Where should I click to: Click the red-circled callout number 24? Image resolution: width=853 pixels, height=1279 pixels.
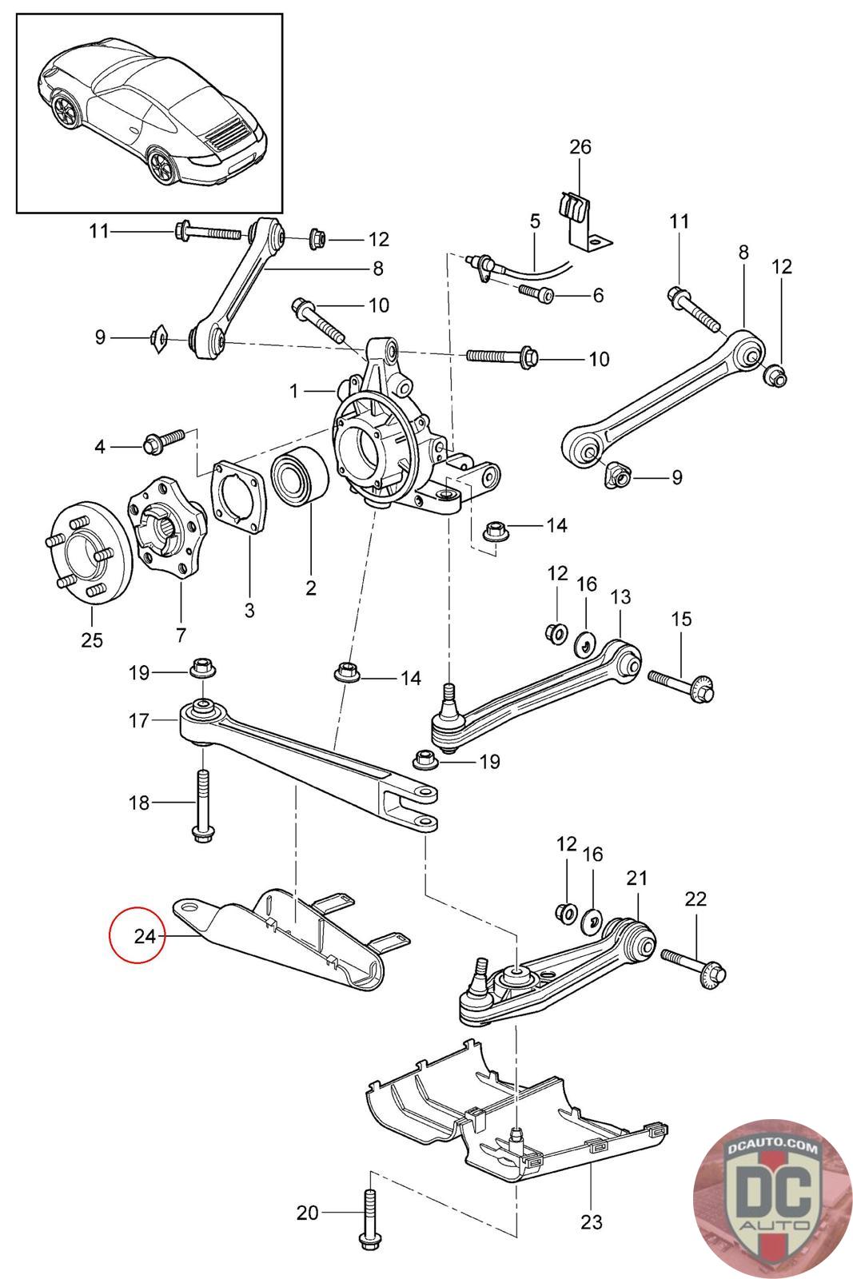click(x=145, y=936)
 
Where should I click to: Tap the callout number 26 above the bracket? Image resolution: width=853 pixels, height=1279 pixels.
click(x=580, y=147)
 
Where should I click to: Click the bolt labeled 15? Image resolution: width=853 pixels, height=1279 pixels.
click(x=681, y=687)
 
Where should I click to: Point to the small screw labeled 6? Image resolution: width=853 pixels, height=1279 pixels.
click(x=536, y=293)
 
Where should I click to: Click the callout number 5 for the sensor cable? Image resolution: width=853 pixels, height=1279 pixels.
click(x=534, y=221)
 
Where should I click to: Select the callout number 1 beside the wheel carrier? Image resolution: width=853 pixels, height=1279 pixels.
click(x=293, y=391)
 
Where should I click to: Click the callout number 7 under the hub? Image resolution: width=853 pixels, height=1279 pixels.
click(x=181, y=635)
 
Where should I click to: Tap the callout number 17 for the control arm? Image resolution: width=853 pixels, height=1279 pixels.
click(x=139, y=720)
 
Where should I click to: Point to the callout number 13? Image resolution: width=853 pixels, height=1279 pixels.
click(x=620, y=596)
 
